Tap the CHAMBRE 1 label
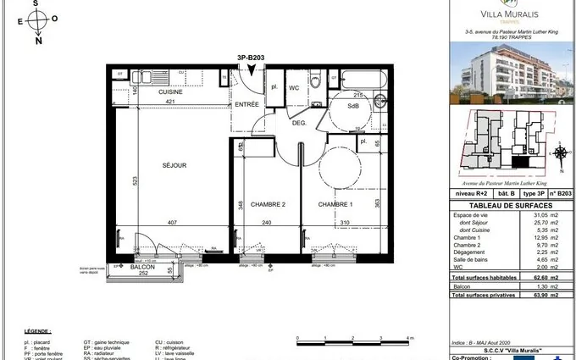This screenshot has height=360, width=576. (335, 204)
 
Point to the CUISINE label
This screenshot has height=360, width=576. (170, 91)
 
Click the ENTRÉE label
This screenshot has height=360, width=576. (246, 104)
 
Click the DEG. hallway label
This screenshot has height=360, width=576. (299, 123)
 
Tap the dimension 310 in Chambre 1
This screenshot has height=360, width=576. (344, 224)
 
